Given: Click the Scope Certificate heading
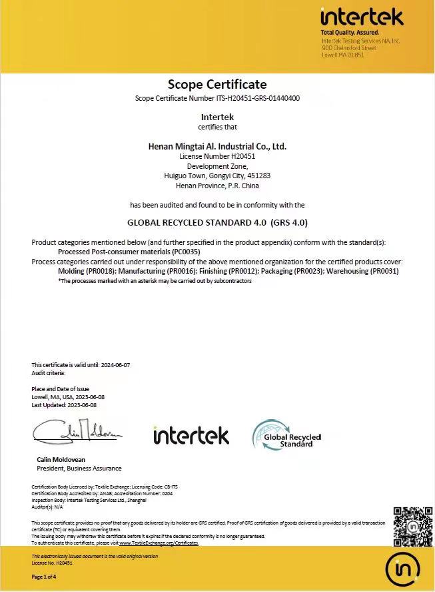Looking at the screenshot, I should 217,84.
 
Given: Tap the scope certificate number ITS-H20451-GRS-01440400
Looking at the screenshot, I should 257,98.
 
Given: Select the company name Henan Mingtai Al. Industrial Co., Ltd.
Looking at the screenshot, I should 217,145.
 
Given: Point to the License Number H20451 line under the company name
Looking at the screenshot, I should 217,156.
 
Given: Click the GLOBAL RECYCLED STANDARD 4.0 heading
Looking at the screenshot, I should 217,223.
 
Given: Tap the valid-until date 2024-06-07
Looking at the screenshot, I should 115,365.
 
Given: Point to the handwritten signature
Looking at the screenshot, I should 77,432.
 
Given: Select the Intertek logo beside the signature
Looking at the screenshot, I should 191,435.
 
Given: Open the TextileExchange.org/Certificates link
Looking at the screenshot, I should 159,543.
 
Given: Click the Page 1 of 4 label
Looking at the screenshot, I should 45,577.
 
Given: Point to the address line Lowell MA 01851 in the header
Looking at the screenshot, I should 343,55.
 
